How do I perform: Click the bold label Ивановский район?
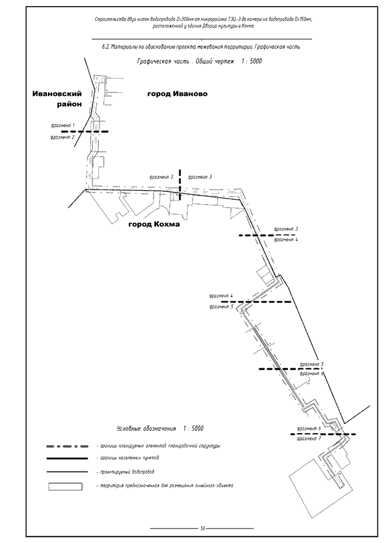[57, 98]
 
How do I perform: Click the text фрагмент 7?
[308, 439]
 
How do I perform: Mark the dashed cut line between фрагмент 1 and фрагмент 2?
[84, 131]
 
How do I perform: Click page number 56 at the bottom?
[203, 528]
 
